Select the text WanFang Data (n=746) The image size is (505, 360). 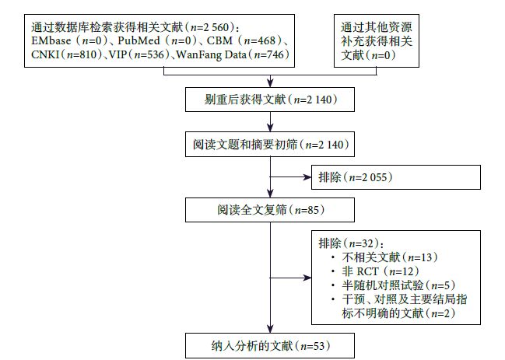point(233,54)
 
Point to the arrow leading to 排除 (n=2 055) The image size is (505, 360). point(288,177)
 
